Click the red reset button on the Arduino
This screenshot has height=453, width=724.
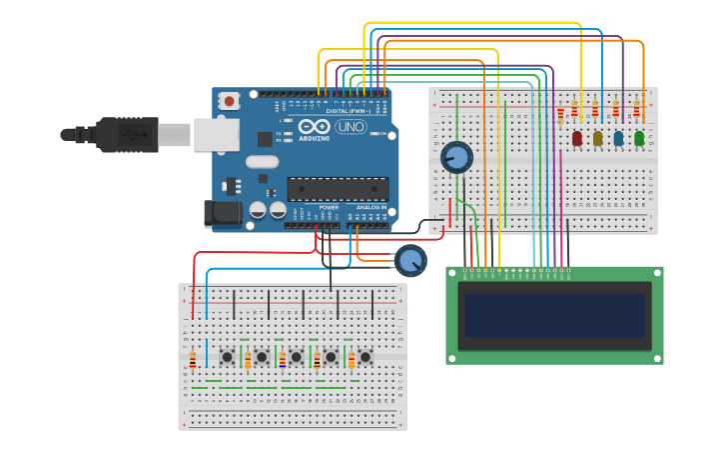point(231,101)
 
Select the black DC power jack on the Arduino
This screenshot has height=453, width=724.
point(221,213)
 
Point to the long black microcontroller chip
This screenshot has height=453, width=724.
point(338,188)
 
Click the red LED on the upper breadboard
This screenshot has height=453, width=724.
point(577,139)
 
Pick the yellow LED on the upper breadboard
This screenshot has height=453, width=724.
point(597,139)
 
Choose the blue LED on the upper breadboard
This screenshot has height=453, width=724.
point(618,139)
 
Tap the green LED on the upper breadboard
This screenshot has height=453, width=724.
point(639,139)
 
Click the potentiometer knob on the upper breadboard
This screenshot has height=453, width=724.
point(456,157)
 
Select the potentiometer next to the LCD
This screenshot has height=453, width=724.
point(409,261)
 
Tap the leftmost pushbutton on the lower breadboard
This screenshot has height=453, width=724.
point(228,357)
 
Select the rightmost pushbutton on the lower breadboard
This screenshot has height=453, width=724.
point(365,357)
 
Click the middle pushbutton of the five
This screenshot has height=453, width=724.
point(297,357)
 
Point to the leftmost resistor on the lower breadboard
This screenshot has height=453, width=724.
point(193,360)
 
